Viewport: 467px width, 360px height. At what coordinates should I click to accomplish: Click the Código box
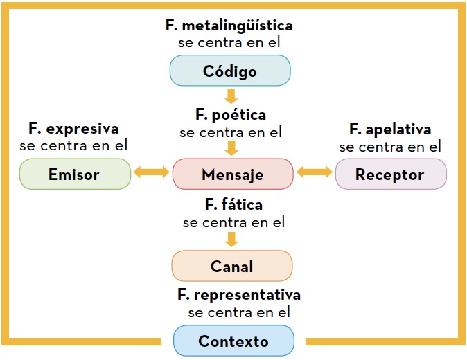click(230, 71)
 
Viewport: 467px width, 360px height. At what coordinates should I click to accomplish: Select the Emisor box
click(75, 174)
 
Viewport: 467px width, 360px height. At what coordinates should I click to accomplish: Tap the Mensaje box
click(233, 174)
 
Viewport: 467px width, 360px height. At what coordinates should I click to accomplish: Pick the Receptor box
click(391, 174)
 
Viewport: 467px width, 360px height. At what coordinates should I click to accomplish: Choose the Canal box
click(232, 266)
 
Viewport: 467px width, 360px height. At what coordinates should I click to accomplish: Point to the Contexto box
click(233, 341)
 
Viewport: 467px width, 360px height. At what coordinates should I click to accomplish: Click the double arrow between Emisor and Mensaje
click(152, 172)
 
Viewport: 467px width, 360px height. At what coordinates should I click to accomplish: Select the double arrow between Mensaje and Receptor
click(315, 172)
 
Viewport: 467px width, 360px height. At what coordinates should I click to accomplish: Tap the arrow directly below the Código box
click(231, 96)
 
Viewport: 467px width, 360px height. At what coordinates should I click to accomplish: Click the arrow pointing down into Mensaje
click(231, 148)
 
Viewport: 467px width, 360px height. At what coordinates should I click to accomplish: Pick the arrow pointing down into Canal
click(231, 240)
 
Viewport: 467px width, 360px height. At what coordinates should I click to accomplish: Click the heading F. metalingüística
click(229, 26)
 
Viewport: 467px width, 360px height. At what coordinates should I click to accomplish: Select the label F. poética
click(231, 115)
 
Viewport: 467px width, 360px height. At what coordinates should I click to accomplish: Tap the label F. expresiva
click(73, 129)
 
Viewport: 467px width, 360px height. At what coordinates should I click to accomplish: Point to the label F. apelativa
click(390, 129)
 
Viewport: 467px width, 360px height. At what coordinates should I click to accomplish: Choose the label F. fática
click(233, 205)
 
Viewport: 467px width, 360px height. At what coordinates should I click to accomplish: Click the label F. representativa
click(239, 295)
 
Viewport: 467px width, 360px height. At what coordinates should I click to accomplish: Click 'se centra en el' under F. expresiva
click(73, 145)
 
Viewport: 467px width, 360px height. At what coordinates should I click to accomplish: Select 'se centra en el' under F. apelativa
click(390, 147)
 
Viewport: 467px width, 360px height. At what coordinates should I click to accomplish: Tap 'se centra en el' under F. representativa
click(239, 312)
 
